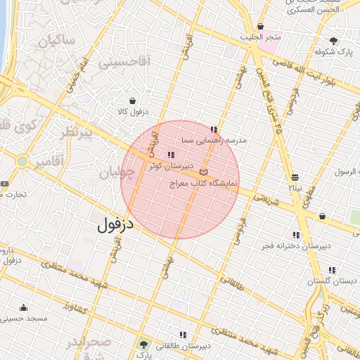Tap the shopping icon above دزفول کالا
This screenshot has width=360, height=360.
(x=132, y=101)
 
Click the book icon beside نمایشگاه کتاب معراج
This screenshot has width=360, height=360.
(x=204, y=172)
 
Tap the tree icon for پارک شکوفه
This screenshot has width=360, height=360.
(x=333, y=41)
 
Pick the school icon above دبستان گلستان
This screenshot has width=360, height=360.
(x=331, y=270)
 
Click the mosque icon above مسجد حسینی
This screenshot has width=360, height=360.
(x=24, y=307)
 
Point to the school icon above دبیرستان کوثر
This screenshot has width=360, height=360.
(x=169, y=155)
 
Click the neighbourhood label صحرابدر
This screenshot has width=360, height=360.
(x=89, y=343)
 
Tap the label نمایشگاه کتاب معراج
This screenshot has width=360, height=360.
(x=205, y=183)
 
